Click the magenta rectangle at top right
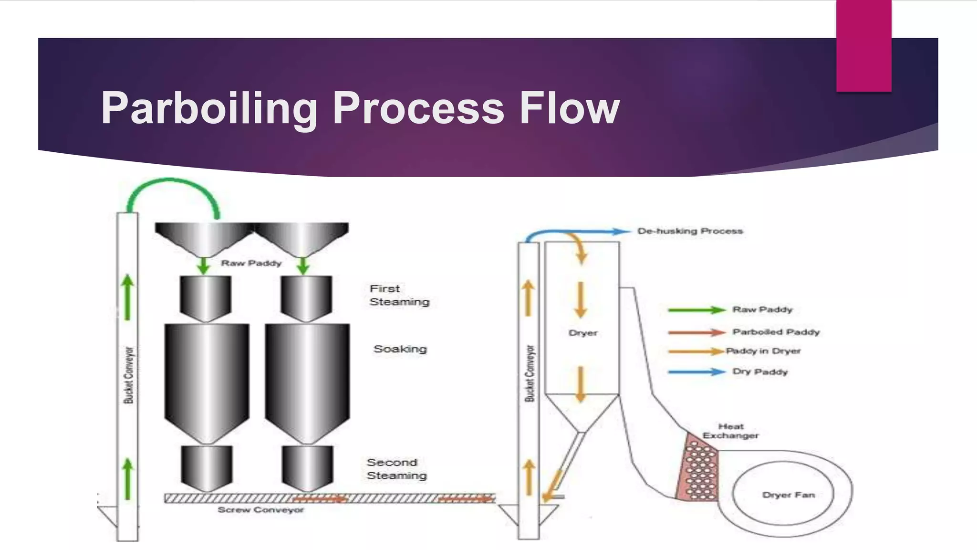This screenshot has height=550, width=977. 863,45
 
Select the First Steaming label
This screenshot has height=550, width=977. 399,295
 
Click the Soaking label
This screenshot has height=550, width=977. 400,349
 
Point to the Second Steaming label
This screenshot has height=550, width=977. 396,469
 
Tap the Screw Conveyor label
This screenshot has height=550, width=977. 260,510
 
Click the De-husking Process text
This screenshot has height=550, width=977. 690,231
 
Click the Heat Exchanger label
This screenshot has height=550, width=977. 730,431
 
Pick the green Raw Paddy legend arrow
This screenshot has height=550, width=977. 696,310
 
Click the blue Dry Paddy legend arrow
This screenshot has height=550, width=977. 696,371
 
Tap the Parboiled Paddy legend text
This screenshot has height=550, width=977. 776,332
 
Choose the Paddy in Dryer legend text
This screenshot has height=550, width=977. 763,351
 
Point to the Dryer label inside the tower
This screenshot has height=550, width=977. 583,333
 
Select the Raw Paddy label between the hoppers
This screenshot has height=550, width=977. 251,263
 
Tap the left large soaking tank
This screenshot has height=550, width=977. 207,377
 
